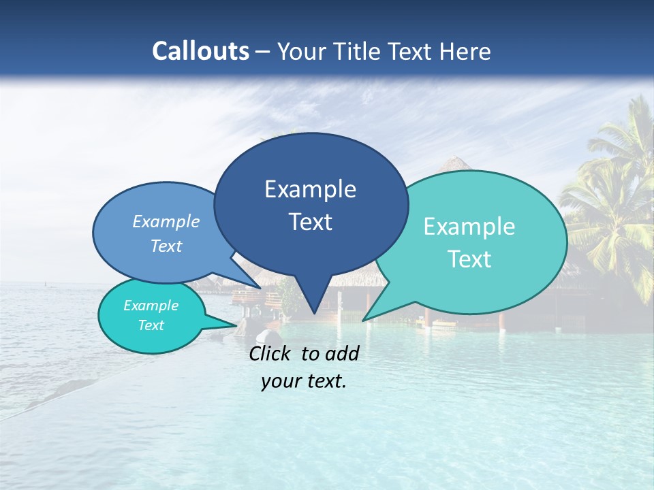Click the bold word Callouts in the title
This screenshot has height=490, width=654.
pos(200,51)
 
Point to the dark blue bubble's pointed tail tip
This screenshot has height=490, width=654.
pos(313,313)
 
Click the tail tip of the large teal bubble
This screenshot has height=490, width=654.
pos(364,320)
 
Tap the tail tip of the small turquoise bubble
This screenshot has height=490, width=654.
pos(236,325)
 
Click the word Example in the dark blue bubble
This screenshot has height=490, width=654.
pos(310,189)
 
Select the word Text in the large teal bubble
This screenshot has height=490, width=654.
pos(470,259)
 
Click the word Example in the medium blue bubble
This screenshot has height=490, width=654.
pos(166,221)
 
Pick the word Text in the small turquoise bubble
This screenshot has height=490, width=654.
pos(151,325)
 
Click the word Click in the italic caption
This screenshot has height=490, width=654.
pos(271,353)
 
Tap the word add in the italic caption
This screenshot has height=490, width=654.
pos(342,353)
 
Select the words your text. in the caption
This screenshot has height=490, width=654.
pos(304,381)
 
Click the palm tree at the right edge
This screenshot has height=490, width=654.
pos(613,204)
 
